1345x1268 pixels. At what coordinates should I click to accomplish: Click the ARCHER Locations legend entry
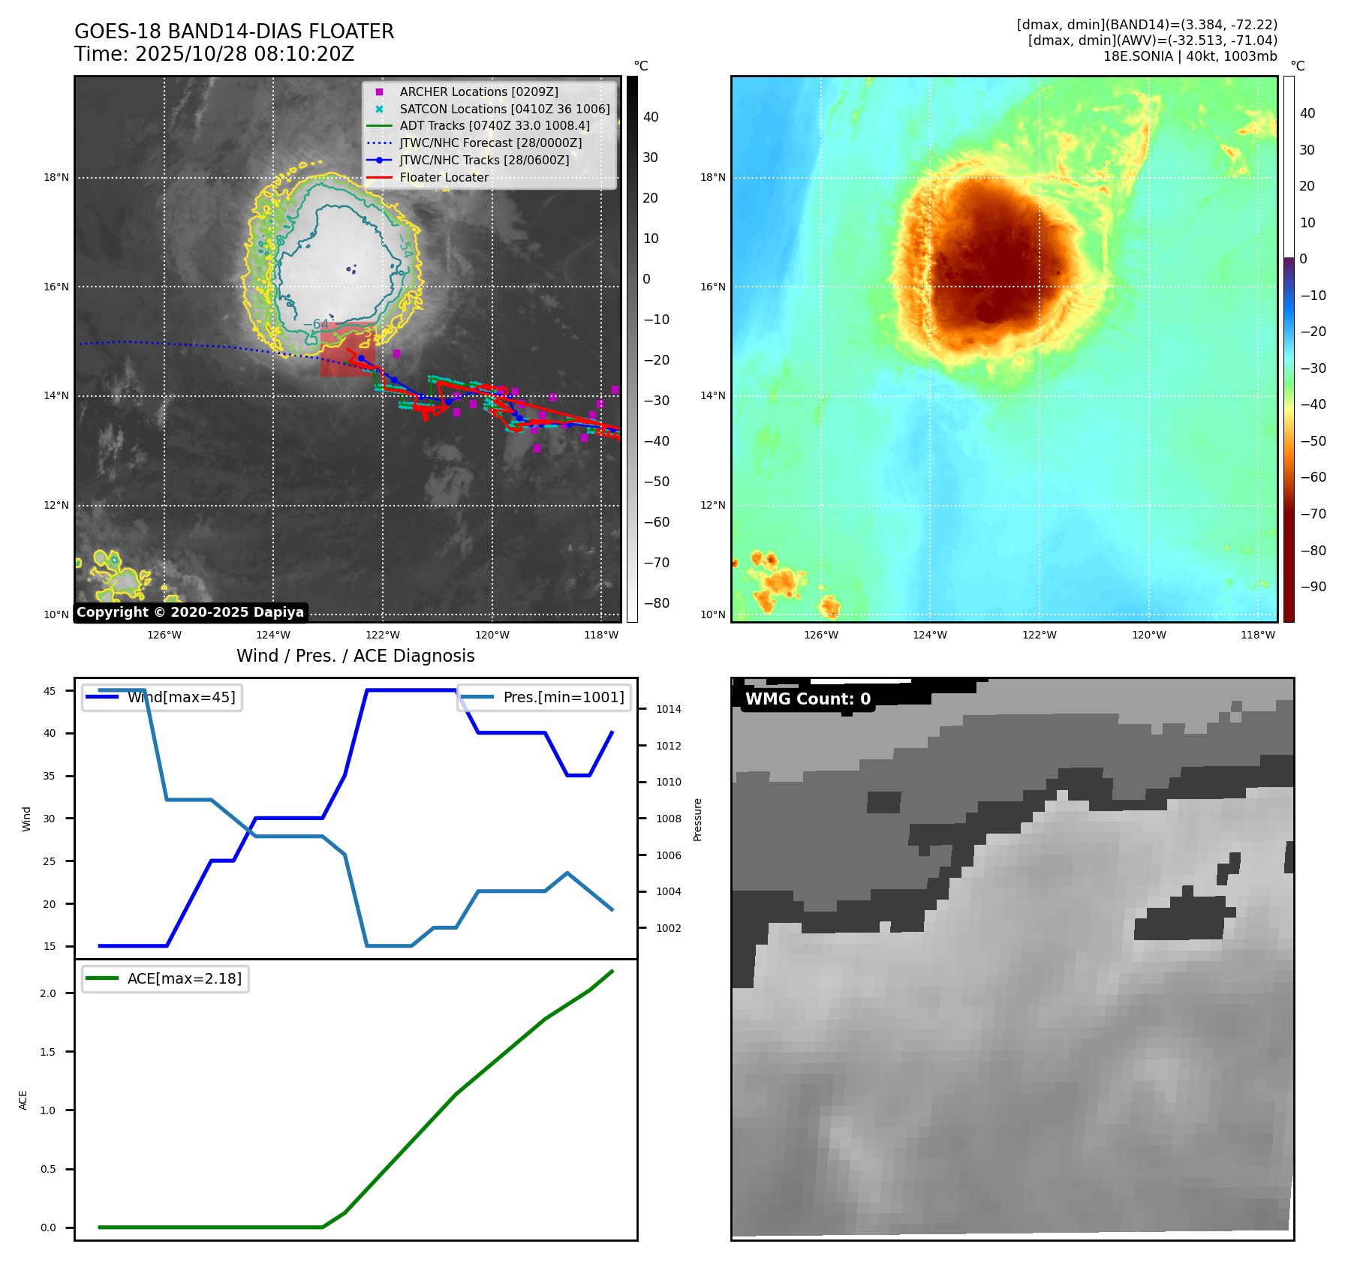point(478,92)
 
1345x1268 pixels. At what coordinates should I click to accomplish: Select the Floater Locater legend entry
point(444,178)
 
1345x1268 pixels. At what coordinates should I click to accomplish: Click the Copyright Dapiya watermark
point(190,612)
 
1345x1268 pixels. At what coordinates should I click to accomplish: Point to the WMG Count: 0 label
point(808,699)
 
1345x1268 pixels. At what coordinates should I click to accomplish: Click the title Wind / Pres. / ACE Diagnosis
point(355,656)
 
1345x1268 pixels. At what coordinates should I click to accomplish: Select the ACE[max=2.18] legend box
point(165,978)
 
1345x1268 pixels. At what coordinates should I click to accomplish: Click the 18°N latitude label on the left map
point(56,178)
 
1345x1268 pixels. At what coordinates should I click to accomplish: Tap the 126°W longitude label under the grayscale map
point(164,635)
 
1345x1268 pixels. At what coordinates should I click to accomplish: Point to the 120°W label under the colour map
point(1148,635)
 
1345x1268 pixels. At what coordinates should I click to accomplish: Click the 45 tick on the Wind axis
point(50,691)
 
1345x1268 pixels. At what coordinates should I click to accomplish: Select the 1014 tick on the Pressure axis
point(668,709)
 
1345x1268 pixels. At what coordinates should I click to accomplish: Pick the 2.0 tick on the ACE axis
point(48,993)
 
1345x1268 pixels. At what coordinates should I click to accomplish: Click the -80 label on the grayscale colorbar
point(657,603)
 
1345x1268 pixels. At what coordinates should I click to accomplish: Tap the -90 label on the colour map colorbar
point(1313,587)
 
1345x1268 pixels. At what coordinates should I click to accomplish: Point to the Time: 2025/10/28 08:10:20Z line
point(214,54)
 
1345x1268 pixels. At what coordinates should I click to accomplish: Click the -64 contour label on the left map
point(316,325)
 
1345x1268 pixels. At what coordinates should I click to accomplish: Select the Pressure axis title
point(697,819)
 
